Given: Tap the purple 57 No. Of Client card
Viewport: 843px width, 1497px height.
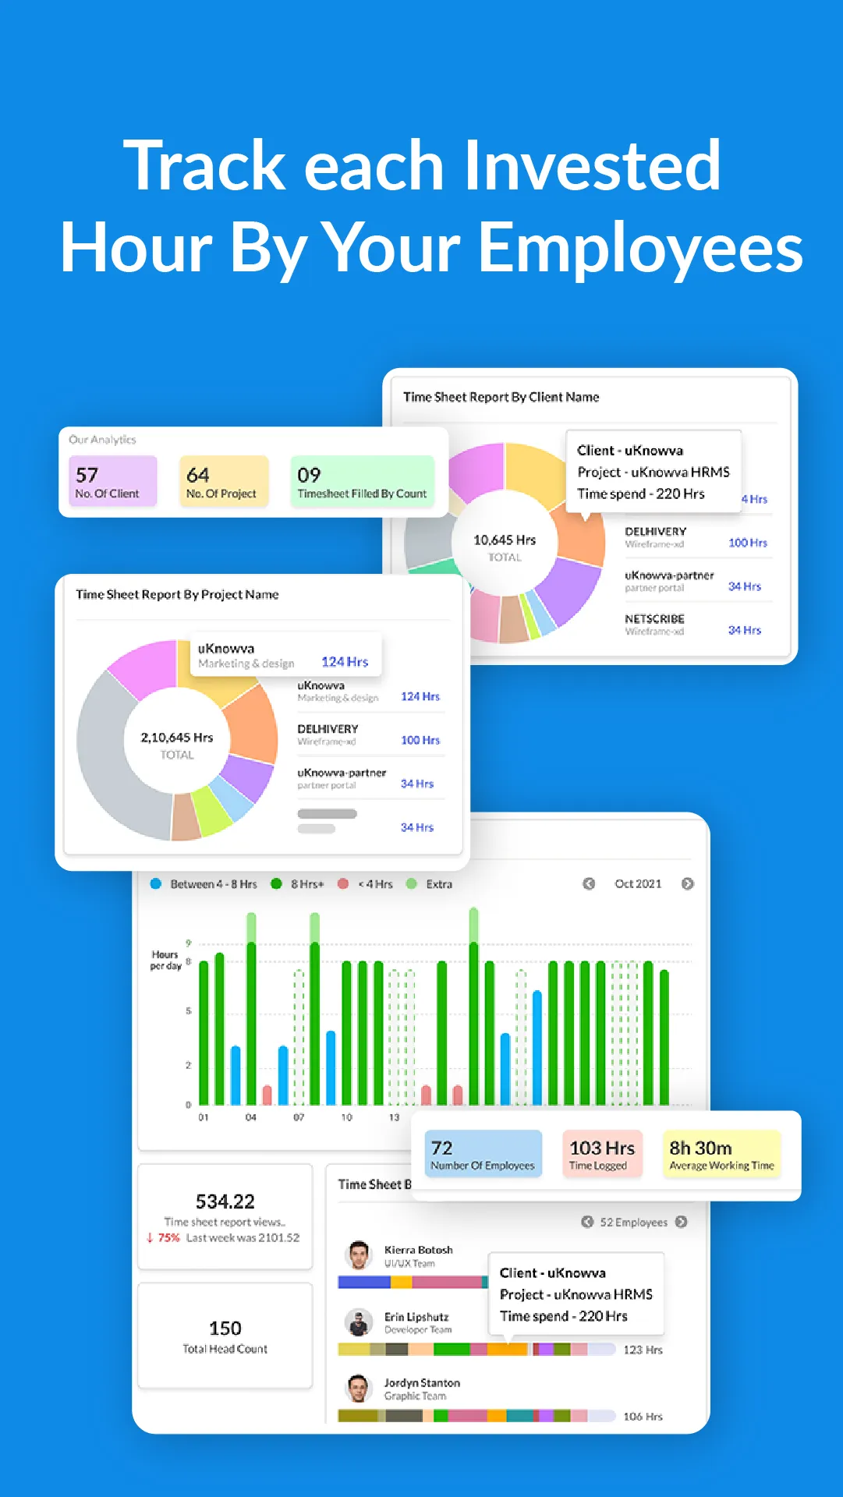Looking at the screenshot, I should [x=113, y=482].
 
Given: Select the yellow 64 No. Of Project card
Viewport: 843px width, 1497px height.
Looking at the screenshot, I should [x=224, y=482].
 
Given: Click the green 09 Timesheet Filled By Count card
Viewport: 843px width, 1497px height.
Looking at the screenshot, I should [x=362, y=482].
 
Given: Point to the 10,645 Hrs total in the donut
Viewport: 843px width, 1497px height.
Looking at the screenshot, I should [x=505, y=540].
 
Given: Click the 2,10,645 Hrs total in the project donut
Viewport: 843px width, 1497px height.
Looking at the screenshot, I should [x=177, y=738].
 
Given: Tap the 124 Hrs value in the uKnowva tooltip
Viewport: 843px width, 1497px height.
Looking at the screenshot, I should [x=345, y=662].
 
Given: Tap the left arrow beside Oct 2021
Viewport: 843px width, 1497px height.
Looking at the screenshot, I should [x=589, y=883].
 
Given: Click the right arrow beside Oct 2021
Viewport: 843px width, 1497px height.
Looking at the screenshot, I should [x=687, y=883].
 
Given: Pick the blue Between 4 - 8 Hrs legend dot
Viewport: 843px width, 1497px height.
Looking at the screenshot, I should [x=155, y=883].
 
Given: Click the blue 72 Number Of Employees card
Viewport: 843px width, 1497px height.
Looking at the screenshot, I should [x=483, y=1154].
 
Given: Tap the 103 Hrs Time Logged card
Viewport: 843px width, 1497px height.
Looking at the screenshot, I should [x=602, y=1154].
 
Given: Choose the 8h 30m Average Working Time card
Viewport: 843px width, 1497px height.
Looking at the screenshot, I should [x=721, y=1154].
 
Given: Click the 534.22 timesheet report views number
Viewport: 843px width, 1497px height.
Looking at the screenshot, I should [x=225, y=1201].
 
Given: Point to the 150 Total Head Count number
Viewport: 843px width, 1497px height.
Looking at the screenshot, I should [x=225, y=1329].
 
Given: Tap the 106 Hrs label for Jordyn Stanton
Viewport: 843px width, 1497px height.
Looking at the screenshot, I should [x=643, y=1417].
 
